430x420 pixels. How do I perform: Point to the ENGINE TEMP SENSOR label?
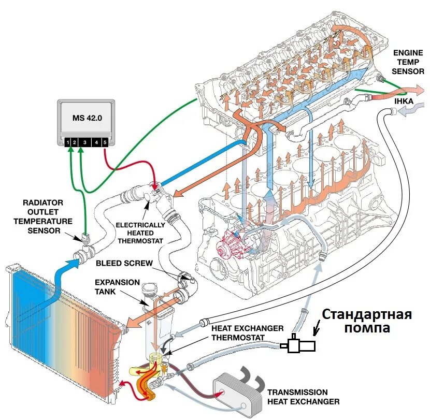click(x=408, y=61)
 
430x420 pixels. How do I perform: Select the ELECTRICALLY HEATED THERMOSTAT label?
click(x=140, y=233)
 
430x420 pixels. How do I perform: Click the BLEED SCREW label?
click(x=124, y=263)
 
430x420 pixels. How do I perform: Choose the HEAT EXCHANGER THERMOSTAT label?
click(x=247, y=333)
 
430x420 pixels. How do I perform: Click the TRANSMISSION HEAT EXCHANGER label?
click(x=304, y=397)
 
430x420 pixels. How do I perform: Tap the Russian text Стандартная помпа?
click(x=367, y=321)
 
